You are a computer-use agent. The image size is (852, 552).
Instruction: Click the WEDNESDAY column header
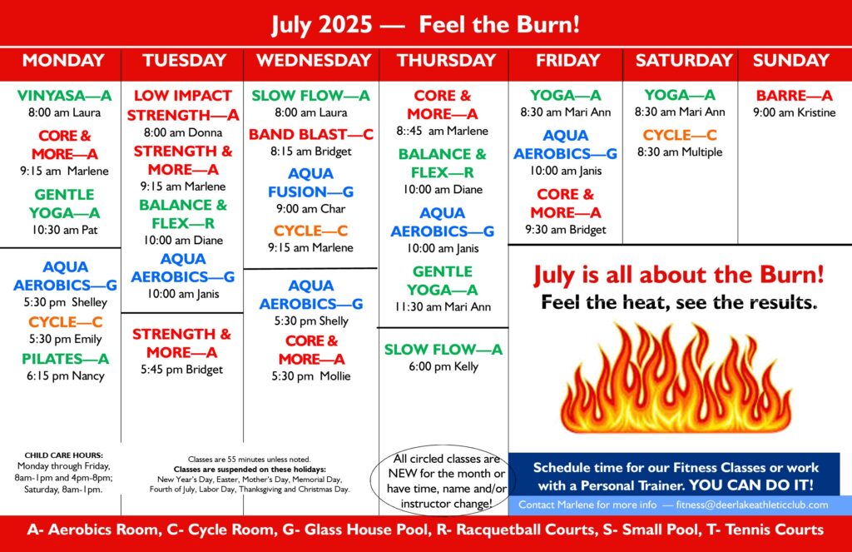click(x=314, y=61)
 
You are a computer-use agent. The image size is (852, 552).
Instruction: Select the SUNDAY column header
click(x=790, y=61)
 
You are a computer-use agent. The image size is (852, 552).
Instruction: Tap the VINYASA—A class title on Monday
click(x=64, y=96)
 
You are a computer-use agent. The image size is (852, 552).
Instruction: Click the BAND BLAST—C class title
click(x=311, y=134)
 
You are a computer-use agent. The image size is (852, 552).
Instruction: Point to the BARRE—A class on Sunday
click(x=794, y=96)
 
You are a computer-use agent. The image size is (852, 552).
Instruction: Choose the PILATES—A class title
click(x=65, y=359)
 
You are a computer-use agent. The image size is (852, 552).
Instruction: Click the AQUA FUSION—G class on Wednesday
click(x=311, y=182)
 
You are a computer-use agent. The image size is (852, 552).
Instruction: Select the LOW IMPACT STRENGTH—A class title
click(x=183, y=106)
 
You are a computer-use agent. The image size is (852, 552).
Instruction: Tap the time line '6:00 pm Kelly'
click(x=443, y=366)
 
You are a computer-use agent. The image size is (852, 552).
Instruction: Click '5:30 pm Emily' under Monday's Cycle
click(x=65, y=339)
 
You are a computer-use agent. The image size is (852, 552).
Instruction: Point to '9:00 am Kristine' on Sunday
click(x=794, y=112)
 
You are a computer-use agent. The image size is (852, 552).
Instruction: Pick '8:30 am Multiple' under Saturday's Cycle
click(x=680, y=152)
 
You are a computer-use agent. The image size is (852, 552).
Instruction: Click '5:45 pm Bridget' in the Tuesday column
click(x=181, y=370)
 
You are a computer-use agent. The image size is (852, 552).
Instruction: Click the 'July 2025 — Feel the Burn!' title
click(x=425, y=24)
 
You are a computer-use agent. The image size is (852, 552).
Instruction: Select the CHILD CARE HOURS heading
click(x=63, y=455)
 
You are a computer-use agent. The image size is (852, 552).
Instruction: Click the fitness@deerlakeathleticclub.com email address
click(x=752, y=505)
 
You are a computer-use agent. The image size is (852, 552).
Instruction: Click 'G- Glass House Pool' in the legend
click(x=355, y=530)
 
